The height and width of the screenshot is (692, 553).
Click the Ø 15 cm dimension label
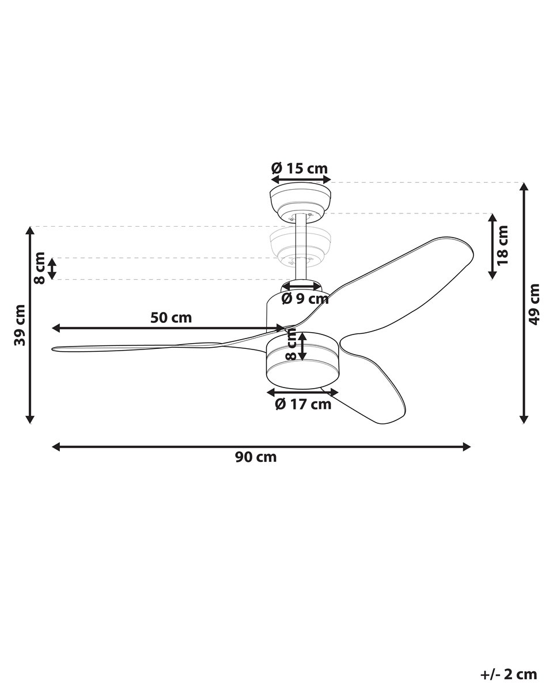point(299,168)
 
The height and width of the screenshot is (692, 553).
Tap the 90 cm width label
point(256,457)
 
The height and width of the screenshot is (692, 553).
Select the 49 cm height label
point(534,304)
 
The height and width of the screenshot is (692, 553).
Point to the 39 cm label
point(20,325)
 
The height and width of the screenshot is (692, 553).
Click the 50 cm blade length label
point(171,318)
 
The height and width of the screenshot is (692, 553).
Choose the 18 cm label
point(503,245)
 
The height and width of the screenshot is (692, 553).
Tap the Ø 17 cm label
point(303,404)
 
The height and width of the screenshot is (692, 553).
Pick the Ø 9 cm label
point(305,299)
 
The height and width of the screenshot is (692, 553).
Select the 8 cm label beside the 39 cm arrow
point(40,268)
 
